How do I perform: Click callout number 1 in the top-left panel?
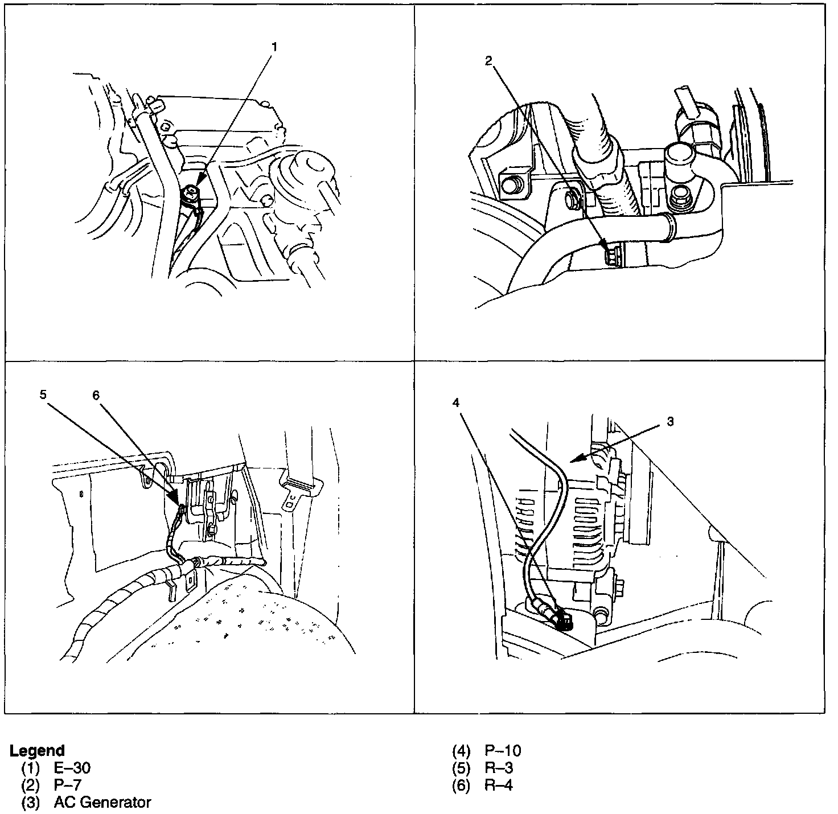274,47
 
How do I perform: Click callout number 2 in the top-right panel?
488,61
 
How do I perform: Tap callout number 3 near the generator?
670,422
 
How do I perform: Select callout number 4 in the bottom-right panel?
455,402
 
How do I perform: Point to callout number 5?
43,394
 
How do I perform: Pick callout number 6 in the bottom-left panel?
96,395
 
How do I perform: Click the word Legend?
37,751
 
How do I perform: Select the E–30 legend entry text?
72,768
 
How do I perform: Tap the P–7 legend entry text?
68,785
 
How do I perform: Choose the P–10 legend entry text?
503,751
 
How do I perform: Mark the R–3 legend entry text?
499,768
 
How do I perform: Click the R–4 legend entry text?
499,785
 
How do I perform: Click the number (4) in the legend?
461,751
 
